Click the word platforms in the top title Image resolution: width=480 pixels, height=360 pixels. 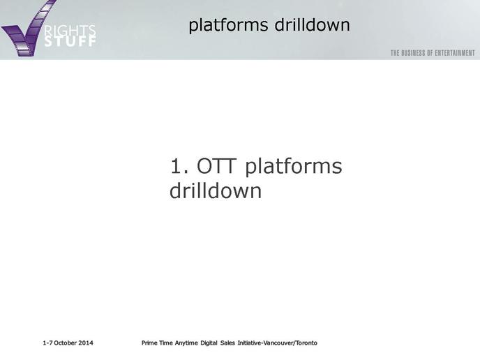[228, 25]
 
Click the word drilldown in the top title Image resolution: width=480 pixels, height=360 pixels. [313, 24]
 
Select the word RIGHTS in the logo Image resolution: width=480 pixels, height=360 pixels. [70, 31]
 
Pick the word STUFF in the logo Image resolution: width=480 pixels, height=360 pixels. [70, 41]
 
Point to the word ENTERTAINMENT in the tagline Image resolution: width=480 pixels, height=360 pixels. [455, 53]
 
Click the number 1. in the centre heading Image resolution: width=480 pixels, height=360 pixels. [180, 166]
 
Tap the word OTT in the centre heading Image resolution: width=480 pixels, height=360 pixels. [216, 166]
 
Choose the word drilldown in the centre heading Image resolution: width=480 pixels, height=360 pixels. [216, 190]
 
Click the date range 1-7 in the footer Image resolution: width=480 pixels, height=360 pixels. [47, 343]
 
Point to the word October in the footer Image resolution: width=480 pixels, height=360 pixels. [65, 343]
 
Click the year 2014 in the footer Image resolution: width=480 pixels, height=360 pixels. [86, 343]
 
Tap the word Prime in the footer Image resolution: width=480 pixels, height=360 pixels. [149, 343]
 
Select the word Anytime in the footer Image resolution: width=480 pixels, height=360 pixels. [186, 343]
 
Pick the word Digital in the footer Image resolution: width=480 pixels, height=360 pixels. [209, 343]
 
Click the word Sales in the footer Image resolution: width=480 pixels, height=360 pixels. [227, 343]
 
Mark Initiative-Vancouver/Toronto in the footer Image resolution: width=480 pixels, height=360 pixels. [278, 343]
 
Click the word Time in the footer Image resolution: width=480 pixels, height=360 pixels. [166, 343]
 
